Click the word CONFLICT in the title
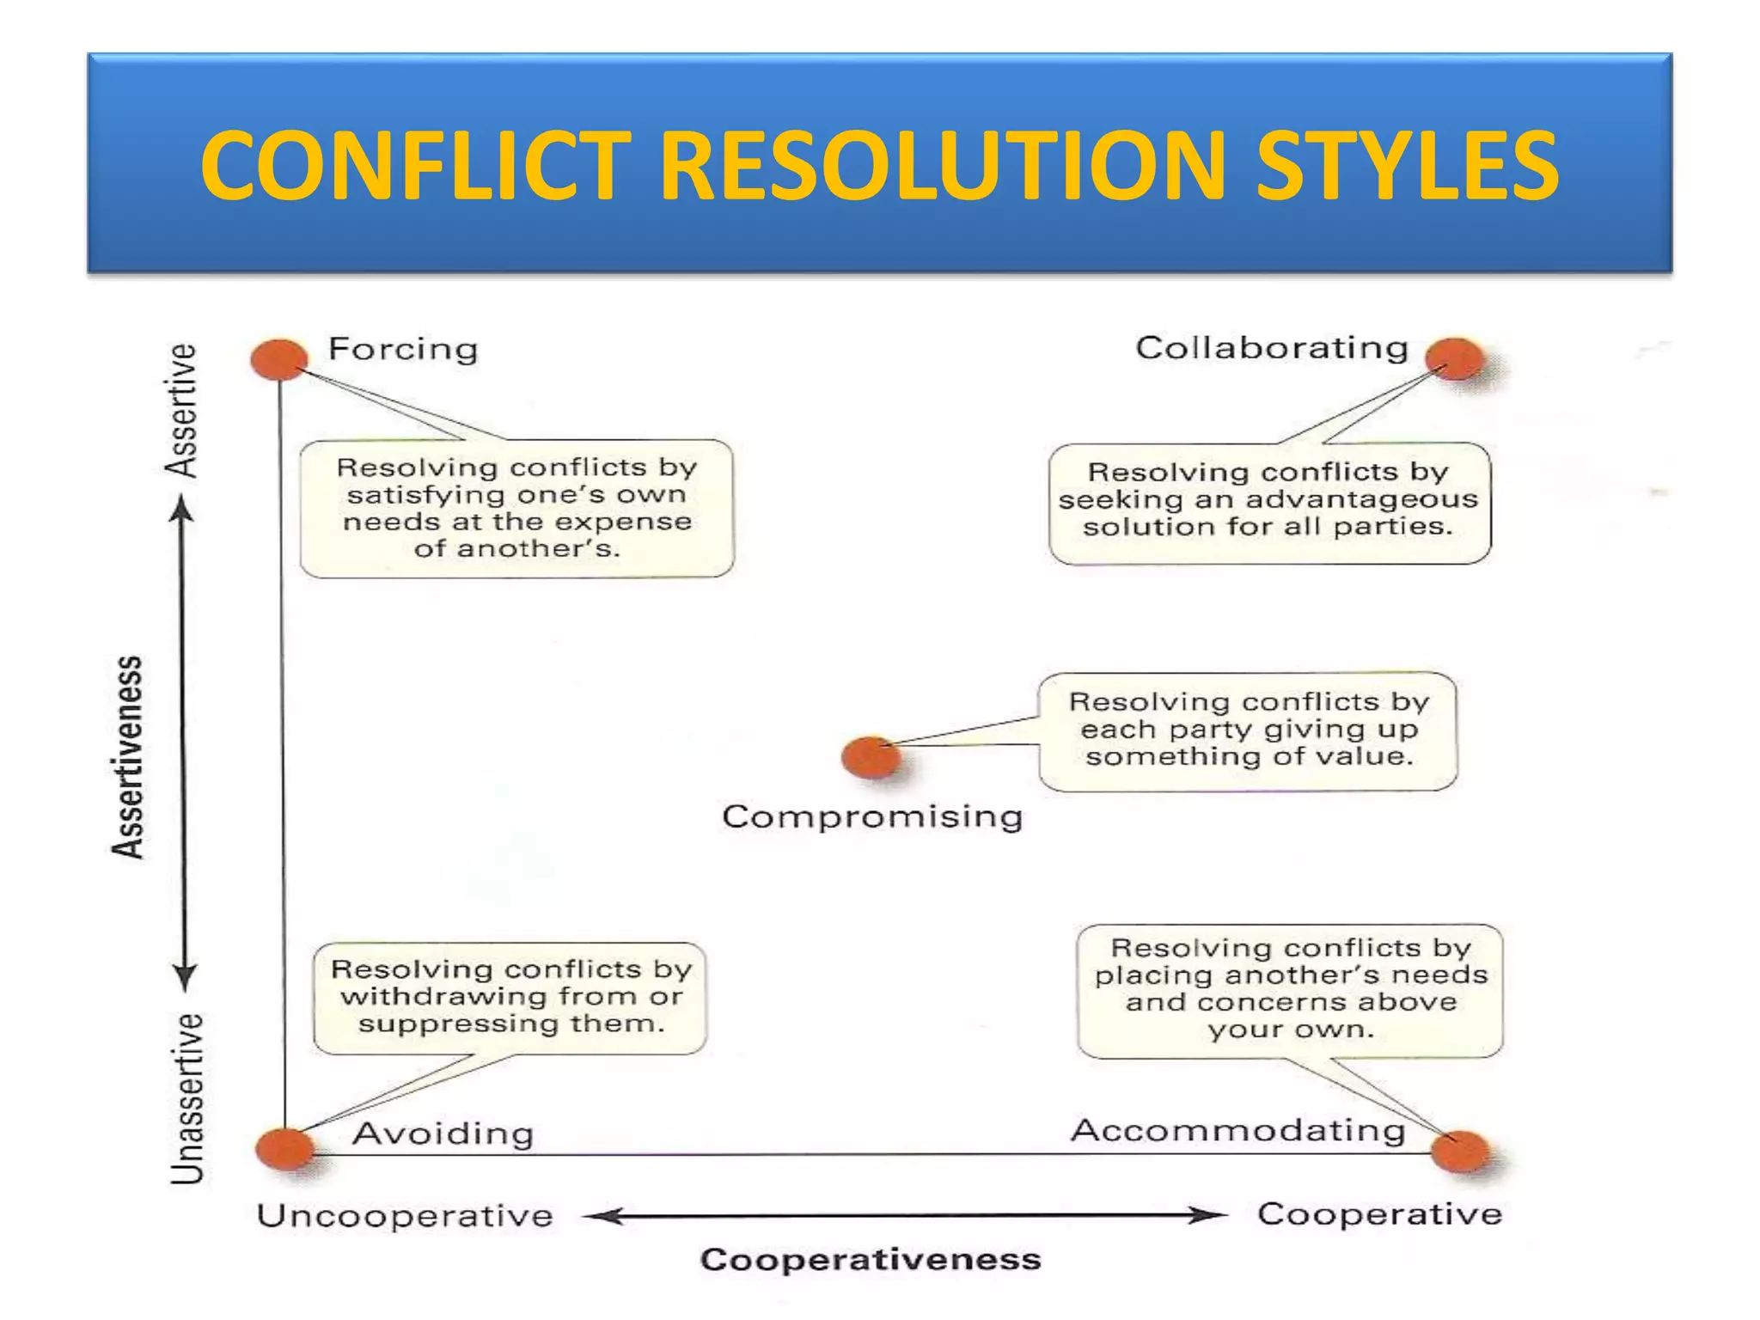coord(416,165)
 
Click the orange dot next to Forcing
coord(279,358)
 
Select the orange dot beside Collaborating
coord(1454,358)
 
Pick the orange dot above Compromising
coord(871,757)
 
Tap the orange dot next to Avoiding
coord(285,1148)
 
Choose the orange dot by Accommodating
coord(1460,1152)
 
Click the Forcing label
coord(403,349)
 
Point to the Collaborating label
coord(1272,348)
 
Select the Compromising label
coord(872,816)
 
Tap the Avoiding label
coord(443,1134)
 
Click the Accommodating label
coord(1237,1130)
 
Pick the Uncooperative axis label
coord(405,1216)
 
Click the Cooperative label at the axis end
coord(1379,1214)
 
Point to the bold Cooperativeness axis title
coord(871,1260)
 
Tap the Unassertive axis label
coord(187,1099)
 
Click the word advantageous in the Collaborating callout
coord(1361,500)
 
